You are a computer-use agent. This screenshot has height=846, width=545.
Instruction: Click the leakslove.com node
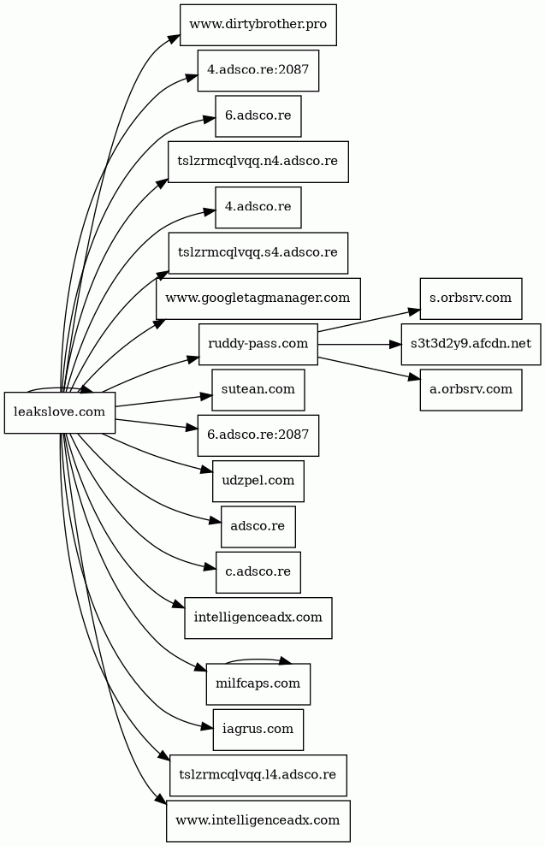(x=60, y=412)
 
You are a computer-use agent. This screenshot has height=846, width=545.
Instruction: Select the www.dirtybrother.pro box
(x=258, y=24)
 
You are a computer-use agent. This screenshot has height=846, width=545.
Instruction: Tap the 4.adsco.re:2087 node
(x=258, y=70)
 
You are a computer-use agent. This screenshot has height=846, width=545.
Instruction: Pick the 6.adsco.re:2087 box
(x=258, y=435)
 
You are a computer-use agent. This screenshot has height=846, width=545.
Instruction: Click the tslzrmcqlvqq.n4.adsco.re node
(x=258, y=161)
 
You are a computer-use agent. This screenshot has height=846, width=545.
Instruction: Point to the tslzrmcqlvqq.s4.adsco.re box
(x=258, y=252)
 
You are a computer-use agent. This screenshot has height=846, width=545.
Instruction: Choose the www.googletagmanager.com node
(x=258, y=299)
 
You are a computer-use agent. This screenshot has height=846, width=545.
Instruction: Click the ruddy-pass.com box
(x=258, y=344)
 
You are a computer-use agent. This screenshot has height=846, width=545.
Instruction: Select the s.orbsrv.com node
(x=471, y=298)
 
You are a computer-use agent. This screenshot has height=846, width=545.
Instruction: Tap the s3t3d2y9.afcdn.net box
(x=471, y=344)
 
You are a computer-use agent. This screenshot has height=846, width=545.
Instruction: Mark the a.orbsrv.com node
(x=471, y=389)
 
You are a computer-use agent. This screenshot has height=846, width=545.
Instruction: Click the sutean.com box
(x=258, y=389)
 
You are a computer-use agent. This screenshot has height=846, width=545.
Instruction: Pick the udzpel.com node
(x=258, y=481)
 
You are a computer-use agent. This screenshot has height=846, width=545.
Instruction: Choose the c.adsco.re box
(x=258, y=572)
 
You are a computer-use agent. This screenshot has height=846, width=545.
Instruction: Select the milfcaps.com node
(x=258, y=684)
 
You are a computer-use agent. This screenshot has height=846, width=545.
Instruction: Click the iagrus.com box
(x=258, y=730)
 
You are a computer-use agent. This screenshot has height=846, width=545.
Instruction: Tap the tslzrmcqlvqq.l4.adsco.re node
(x=258, y=775)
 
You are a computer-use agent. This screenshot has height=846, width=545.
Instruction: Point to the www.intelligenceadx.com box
(x=258, y=821)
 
